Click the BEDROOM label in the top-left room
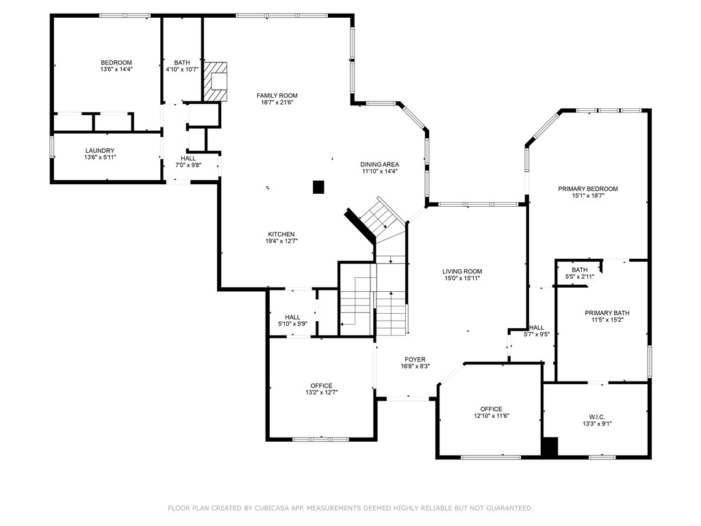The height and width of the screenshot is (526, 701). (116, 62)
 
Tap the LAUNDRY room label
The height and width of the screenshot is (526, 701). (100, 151)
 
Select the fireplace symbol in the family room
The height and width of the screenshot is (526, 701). (216, 82)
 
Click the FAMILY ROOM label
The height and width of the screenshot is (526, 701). (277, 95)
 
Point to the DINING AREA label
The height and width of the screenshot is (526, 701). (380, 164)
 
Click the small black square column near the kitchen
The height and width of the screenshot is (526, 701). (318, 186)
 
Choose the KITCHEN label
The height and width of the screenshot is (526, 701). (281, 234)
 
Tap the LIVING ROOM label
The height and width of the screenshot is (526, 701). (462, 271)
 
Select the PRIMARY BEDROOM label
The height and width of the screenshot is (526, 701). (588, 189)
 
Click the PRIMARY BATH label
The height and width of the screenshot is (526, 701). (607, 313)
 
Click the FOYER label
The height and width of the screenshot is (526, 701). (415, 359)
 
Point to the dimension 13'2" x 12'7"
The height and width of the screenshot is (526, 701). (322, 392)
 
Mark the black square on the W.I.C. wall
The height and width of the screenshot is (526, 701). (550, 446)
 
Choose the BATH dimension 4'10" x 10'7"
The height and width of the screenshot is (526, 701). (182, 69)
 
